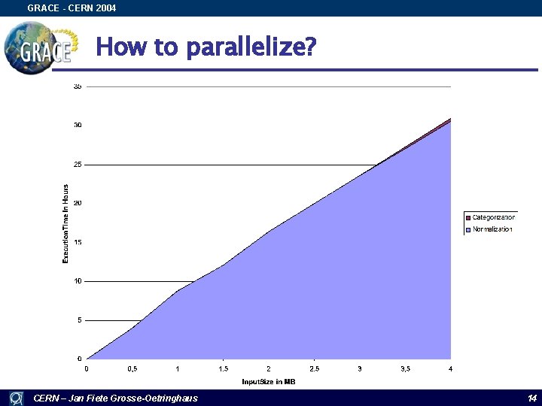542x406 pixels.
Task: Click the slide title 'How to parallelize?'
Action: [206, 47]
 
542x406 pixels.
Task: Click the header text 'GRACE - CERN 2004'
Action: [72, 8]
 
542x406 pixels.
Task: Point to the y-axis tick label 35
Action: [78, 86]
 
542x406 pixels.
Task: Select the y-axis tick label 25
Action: [78, 164]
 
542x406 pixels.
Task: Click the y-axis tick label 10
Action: [78, 281]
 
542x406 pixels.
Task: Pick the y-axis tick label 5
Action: [79, 320]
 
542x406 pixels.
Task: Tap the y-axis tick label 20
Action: [78, 203]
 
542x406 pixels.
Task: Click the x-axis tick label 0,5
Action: [132, 369]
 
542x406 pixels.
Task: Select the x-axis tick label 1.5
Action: [224, 369]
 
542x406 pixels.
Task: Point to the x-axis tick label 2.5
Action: [314, 369]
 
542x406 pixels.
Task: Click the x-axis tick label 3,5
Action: [405, 369]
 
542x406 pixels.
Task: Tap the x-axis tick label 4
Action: [450, 369]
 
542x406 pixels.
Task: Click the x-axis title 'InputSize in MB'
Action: [269, 382]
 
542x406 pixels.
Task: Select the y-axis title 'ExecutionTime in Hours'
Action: [65, 223]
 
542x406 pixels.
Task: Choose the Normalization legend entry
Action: [492, 229]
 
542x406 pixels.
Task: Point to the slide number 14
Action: [531, 398]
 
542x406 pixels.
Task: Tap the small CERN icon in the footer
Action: [15, 398]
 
